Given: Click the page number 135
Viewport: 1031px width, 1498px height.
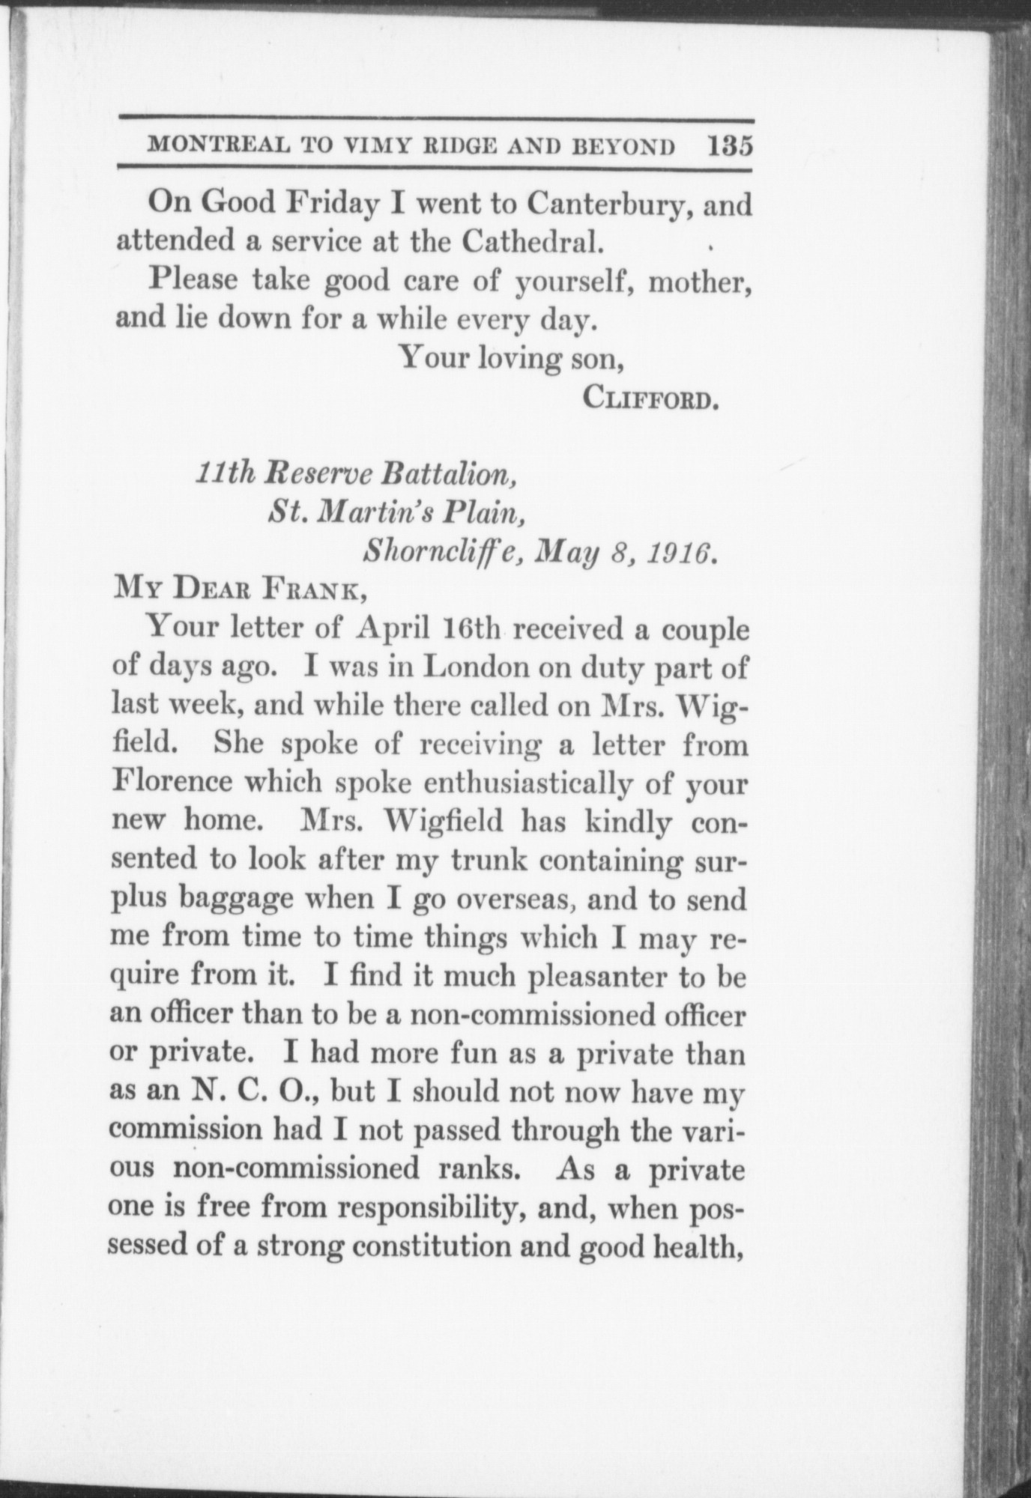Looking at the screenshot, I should point(729,145).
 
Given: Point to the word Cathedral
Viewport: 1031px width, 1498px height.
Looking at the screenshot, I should point(530,241).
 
